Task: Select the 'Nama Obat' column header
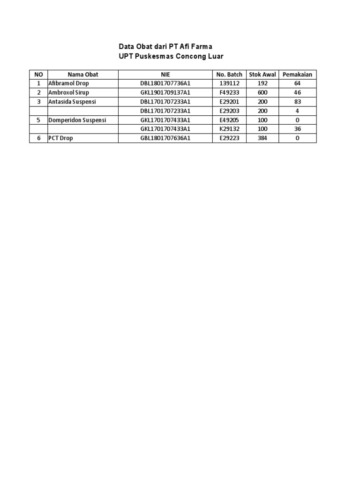(x=83, y=75)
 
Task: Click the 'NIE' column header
(x=165, y=75)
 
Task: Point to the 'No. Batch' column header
(x=229, y=75)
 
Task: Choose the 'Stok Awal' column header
(x=262, y=75)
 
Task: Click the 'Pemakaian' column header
(x=297, y=75)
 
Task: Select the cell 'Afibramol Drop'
(x=68, y=83)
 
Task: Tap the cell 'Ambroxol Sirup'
(x=68, y=93)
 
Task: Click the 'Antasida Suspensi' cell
(x=72, y=102)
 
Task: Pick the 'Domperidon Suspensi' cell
(x=77, y=120)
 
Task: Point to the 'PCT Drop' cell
(x=60, y=138)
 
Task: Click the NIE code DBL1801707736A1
(x=165, y=83)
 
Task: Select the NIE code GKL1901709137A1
(x=165, y=93)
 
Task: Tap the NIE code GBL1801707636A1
(x=165, y=138)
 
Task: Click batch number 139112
(x=229, y=83)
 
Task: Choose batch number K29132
(x=229, y=129)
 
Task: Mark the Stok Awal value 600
(x=262, y=93)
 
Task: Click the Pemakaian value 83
(x=297, y=102)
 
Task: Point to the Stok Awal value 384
(x=262, y=138)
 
